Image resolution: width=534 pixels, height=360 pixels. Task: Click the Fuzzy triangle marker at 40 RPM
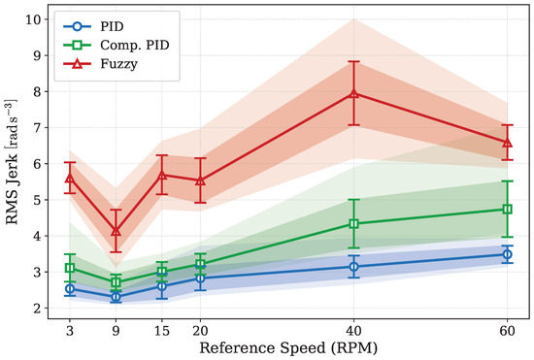tap(353, 93)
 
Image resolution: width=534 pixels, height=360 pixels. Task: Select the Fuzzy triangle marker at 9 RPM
tap(117, 231)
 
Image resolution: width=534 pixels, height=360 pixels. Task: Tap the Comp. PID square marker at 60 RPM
tap(507, 210)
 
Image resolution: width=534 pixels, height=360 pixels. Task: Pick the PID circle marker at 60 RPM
tap(507, 254)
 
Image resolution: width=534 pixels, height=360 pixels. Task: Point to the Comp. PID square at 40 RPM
tap(353, 224)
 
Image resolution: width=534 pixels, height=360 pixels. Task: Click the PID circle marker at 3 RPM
tap(70, 289)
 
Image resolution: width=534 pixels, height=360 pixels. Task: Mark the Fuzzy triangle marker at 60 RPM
tap(507, 143)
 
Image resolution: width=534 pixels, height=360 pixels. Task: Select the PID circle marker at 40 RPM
tap(353, 267)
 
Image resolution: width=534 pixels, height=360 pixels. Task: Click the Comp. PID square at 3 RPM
tap(70, 268)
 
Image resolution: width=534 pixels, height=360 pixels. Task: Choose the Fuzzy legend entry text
tap(118, 64)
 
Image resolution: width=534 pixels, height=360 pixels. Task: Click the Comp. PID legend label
tap(135, 46)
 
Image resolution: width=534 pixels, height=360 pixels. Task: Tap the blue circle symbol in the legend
tap(78, 26)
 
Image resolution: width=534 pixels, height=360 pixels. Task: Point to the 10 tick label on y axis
tap(34, 19)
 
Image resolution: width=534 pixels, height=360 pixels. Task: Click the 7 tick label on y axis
tap(38, 127)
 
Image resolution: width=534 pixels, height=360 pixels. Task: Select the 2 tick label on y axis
tap(38, 308)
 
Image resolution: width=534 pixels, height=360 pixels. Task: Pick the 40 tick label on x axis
tap(353, 331)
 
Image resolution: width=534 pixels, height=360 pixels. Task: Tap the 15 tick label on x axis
tap(162, 331)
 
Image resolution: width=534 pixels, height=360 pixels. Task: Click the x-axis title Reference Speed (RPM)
tap(288, 348)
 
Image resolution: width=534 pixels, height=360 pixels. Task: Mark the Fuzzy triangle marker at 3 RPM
tap(70, 178)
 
